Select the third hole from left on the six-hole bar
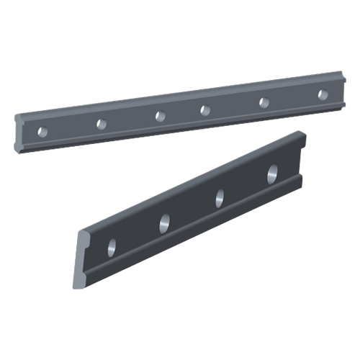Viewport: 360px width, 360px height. (x=156, y=115)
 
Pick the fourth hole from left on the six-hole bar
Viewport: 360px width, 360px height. (x=204, y=109)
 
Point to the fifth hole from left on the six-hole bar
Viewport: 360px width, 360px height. (x=263, y=102)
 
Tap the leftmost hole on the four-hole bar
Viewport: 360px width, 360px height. (x=112, y=246)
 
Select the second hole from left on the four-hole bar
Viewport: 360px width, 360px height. (x=164, y=222)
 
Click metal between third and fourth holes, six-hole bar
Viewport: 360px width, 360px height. (x=180, y=112)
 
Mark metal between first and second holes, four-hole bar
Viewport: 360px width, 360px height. (x=138, y=234)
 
